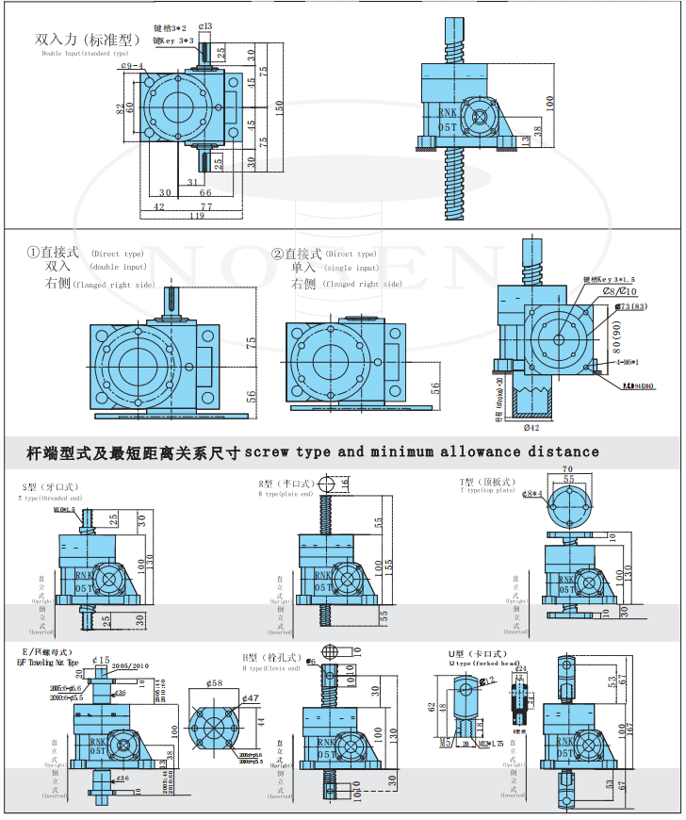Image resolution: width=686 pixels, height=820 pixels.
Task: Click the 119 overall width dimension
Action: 197,217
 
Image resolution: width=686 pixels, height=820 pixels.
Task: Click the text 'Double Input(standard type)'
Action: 85,54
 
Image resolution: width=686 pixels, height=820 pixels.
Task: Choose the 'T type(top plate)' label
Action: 488,490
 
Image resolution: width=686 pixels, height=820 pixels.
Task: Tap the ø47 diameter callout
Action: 250,698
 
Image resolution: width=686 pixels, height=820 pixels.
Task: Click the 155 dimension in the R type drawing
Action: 388,563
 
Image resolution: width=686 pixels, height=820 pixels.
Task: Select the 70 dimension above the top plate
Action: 567,468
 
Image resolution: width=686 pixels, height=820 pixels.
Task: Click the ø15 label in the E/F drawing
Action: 101,660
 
